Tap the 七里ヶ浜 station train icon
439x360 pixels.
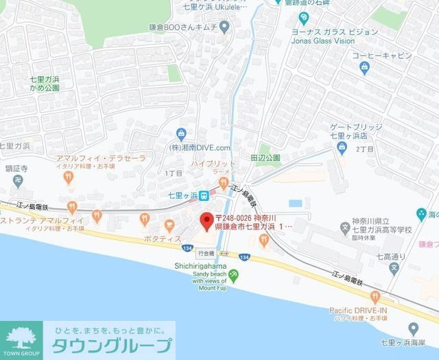[224, 194]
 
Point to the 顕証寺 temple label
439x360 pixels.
[14, 167]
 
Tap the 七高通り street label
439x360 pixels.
[394, 256]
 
